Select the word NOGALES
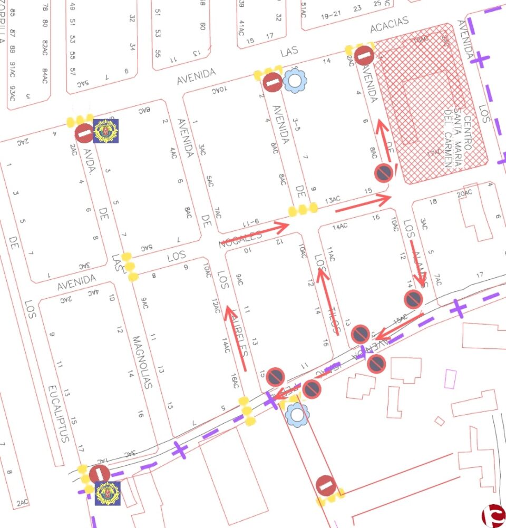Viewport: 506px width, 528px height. [240, 240]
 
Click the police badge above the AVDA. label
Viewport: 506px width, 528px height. [106, 131]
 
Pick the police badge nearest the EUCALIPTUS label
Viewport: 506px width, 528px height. [107, 493]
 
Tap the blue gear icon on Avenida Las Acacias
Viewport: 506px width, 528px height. [295, 81]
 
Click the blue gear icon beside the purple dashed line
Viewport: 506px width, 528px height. [297, 414]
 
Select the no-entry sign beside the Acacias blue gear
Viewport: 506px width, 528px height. [273, 82]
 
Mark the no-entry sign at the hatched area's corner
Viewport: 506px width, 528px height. [364, 55]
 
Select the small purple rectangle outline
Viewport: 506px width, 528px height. [450, 378]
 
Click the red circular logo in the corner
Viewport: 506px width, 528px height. [494, 515]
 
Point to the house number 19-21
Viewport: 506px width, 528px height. [330, 15]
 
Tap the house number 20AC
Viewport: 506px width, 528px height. [464, 195]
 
